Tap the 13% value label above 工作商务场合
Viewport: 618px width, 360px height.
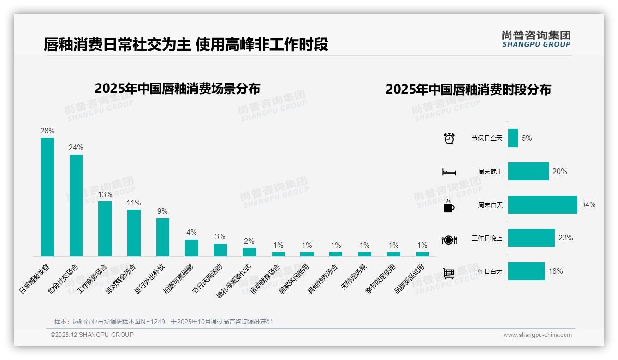pyautogui.click(x=105, y=194)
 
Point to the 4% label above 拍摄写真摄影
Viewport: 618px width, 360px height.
pyautogui.click(x=191, y=232)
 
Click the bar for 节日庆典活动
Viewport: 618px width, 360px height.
pyautogui.click(x=220, y=250)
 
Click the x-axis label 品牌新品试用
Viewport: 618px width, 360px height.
pyautogui.click(x=410, y=279)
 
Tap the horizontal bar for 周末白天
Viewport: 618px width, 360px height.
pyautogui.click(x=542, y=204)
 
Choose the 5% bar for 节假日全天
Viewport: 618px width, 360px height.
pyautogui.click(x=513, y=138)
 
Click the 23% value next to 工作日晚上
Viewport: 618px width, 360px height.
pyautogui.click(x=565, y=238)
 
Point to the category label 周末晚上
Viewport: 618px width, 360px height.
pyautogui.click(x=490, y=171)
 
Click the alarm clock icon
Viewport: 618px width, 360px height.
pyautogui.click(x=449, y=138)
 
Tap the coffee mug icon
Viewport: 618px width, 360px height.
pyautogui.click(x=449, y=206)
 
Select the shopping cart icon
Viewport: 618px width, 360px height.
pyautogui.click(x=449, y=273)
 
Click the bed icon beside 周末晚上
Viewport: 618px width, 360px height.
pyautogui.click(x=449, y=172)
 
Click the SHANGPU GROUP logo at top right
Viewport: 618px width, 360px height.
pyautogui.click(x=536, y=39)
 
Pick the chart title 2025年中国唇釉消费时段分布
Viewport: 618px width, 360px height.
pyautogui.click(x=468, y=90)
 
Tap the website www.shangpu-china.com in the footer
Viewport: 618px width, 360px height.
pyautogui.click(x=537, y=335)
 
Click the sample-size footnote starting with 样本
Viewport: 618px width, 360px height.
pyautogui.click(x=163, y=322)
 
